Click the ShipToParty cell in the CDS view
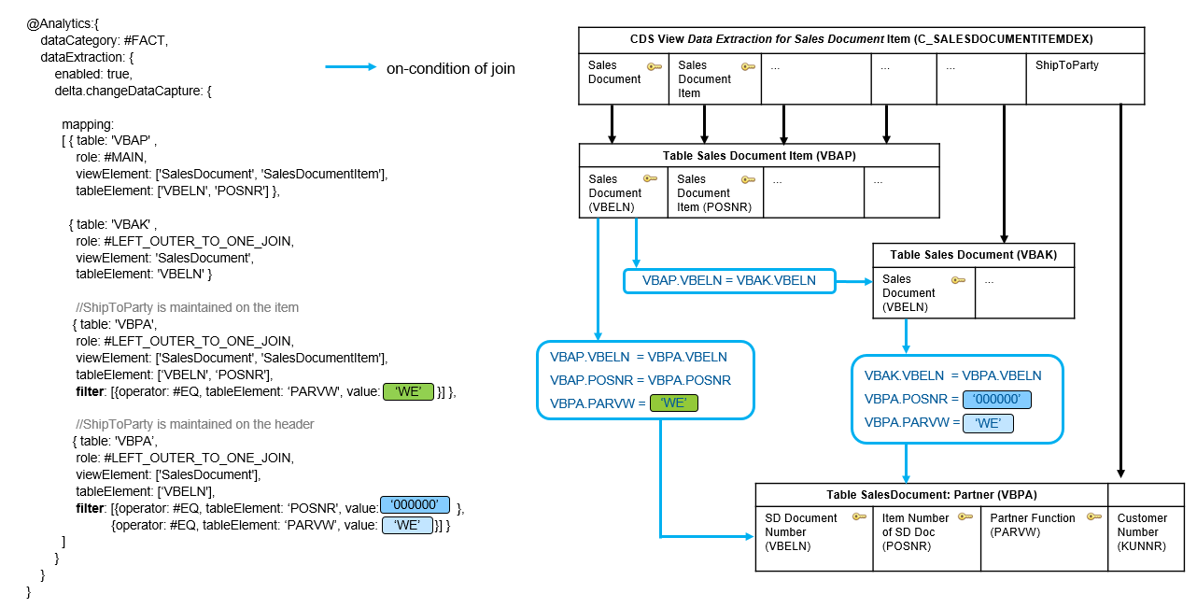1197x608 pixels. [1085, 78]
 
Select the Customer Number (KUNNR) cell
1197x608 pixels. [1147, 539]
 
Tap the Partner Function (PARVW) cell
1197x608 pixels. [1044, 539]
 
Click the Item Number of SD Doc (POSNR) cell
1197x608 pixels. [927, 539]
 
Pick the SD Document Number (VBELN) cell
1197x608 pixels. [814, 539]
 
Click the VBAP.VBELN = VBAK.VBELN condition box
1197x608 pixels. [729, 281]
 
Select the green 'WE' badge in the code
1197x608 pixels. [408, 391]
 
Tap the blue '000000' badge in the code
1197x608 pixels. [415, 504]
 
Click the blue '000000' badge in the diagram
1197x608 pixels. [996, 399]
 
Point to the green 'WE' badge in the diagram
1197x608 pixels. [674, 403]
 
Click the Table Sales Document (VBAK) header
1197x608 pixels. [974, 255]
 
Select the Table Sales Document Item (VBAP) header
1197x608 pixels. [759, 156]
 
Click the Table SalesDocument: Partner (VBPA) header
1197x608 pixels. [932, 495]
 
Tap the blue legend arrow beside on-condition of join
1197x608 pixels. [350, 67]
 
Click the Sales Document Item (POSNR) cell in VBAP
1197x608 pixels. [715, 192]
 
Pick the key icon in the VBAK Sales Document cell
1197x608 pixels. [958, 279]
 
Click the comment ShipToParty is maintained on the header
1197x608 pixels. [194, 424]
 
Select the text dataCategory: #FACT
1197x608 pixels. [105, 41]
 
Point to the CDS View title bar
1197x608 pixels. [862, 40]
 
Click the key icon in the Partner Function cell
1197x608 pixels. [1094, 516]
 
